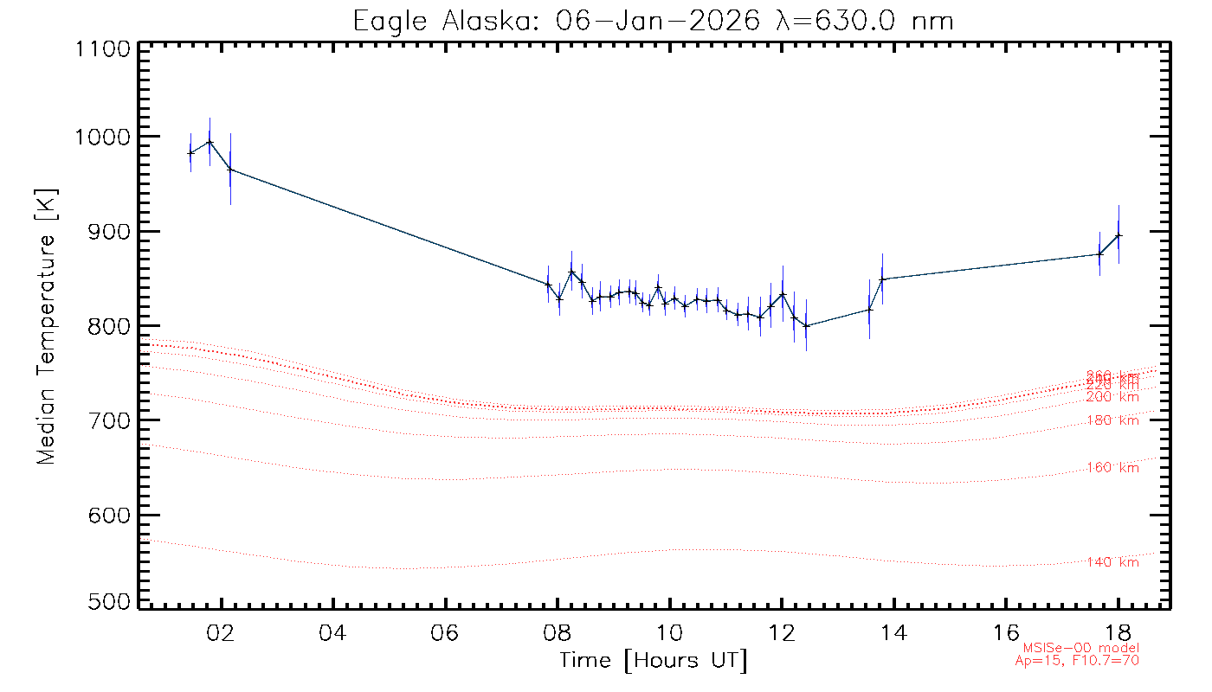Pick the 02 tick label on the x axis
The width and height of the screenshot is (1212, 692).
tap(221, 630)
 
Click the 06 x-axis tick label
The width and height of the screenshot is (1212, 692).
tap(445, 630)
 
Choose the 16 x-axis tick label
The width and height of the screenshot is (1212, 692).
tap(1006, 630)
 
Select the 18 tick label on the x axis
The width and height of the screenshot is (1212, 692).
tap(1118, 630)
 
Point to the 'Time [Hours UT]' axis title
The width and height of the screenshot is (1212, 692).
tap(654, 661)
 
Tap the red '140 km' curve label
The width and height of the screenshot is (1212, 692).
tap(1113, 562)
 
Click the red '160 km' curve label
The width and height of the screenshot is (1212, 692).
tap(1113, 468)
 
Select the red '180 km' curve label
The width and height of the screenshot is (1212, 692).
tap(1113, 420)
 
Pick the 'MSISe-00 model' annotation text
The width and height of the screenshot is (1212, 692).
tap(1081, 648)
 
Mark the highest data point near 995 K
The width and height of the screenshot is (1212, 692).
tap(210, 142)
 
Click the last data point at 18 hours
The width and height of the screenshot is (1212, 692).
tap(1119, 235)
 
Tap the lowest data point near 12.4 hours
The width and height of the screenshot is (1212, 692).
tap(806, 326)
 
